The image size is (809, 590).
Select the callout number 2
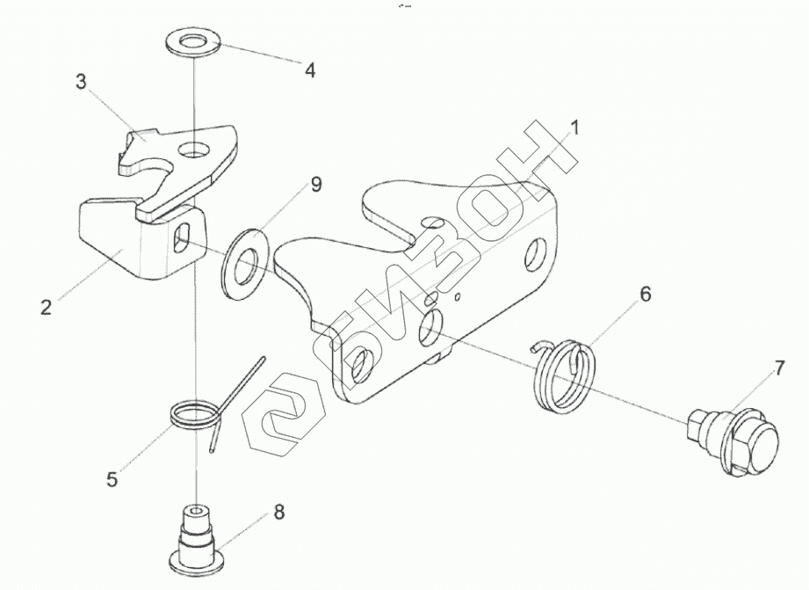coord(46,307)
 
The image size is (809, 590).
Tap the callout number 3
coord(81,83)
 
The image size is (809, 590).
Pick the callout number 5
coord(112,479)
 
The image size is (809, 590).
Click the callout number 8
coord(278,511)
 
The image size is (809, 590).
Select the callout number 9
coord(316,184)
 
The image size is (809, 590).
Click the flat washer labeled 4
coord(191,41)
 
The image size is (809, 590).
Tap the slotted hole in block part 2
coord(184,239)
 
